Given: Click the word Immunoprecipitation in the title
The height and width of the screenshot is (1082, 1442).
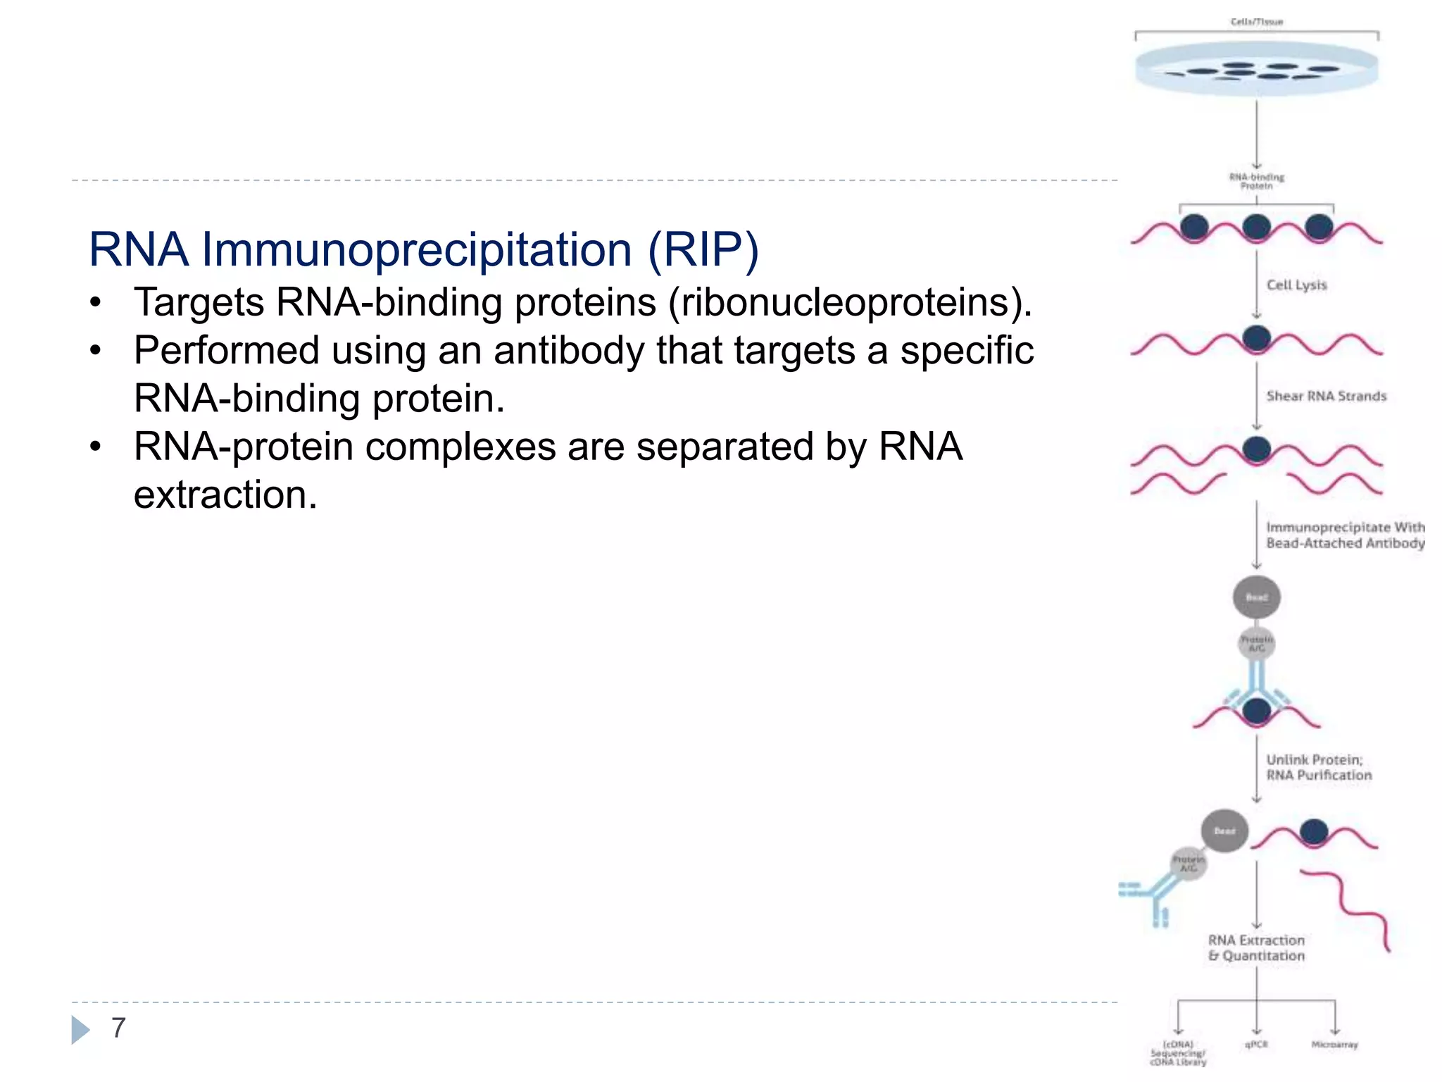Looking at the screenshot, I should pyautogui.click(x=417, y=250).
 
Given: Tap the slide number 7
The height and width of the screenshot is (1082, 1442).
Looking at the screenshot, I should pyautogui.click(x=118, y=1028).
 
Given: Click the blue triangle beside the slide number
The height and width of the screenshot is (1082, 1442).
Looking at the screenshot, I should pyautogui.click(x=80, y=1029).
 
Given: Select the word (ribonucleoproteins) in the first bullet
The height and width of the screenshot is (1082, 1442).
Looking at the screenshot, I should pyautogui.click(x=850, y=303).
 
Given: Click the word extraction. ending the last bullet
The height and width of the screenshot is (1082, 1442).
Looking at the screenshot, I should pyautogui.click(x=225, y=495).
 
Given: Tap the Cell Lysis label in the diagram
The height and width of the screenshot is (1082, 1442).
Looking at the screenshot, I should pyautogui.click(x=1296, y=285).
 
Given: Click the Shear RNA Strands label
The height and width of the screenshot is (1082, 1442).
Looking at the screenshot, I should pyautogui.click(x=1326, y=396).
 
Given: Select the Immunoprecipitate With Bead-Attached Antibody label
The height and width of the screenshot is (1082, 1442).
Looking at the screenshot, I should pyautogui.click(x=1345, y=535).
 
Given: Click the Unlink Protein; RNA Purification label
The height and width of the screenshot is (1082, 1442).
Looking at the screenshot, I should pyautogui.click(x=1318, y=767).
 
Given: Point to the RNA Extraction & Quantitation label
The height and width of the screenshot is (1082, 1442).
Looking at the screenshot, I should pyautogui.click(x=1256, y=948).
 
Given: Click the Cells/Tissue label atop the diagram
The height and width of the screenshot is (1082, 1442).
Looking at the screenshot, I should pyautogui.click(x=1257, y=22).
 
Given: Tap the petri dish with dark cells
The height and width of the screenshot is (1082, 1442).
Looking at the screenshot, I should pyautogui.click(x=1257, y=69).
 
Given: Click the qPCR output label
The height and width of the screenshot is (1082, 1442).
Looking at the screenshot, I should pyautogui.click(x=1256, y=1045).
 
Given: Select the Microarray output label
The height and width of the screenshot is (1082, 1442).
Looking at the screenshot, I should pyautogui.click(x=1334, y=1045).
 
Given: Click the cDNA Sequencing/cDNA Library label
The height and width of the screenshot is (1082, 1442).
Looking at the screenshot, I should pyautogui.click(x=1178, y=1053).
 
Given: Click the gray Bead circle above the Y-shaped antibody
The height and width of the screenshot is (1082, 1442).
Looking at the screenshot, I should pyautogui.click(x=1257, y=597).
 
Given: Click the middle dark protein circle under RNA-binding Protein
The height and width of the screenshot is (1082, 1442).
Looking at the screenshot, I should pyautogui.click(x=1257, y=228).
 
